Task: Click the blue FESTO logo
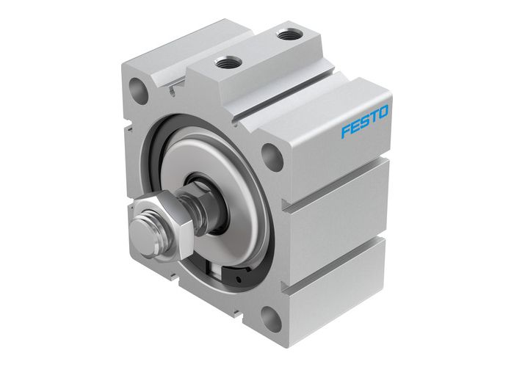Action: (x=365, y=120)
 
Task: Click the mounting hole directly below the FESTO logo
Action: (x=272, y=156)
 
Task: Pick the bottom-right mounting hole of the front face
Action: (x=270, y=321)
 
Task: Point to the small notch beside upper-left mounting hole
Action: (x=170, y=90)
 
